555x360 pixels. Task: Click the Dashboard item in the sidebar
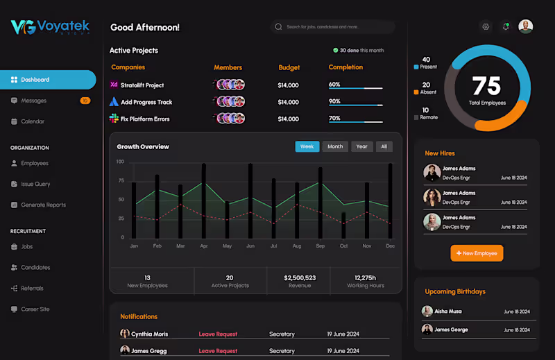[35, 80]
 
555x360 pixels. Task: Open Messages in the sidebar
[33, 101]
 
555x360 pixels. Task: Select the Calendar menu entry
[32, 121]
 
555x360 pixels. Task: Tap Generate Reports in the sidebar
[43, 205]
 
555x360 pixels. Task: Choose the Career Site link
[36, 309]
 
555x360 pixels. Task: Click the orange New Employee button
[477, 253]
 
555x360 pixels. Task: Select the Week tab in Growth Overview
[307, 146]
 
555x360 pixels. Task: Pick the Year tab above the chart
[361, 146]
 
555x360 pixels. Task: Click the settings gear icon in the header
[486, 27]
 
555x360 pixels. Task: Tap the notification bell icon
[506, 27]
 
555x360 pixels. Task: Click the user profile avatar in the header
[526, 26]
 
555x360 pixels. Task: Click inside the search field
[333, 27]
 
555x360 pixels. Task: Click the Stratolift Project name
[142, 85]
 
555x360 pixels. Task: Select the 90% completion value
[334, 101]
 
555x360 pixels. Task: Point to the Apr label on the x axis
[203, 246]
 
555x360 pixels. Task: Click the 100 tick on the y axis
[120, 162]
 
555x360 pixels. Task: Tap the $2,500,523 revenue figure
[300, 277]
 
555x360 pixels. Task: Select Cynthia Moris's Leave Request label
[218, 334]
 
